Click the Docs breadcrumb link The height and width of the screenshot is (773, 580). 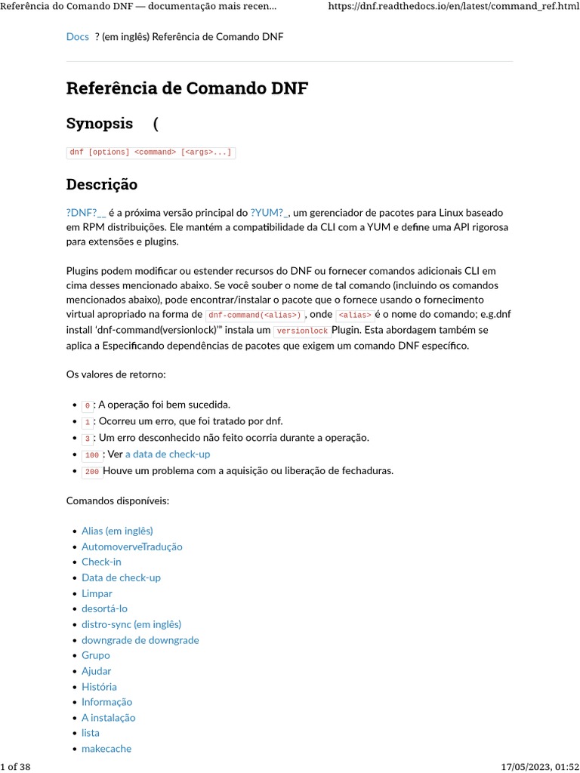[x=77, y=36]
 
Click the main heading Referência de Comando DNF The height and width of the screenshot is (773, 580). [x=187, y=88]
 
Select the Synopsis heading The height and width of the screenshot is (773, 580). [x=99, y=123]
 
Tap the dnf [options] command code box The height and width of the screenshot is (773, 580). [x=150, y=152]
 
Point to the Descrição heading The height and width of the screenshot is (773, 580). [x=101, y=184]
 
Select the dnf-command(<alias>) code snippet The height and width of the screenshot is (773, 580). [x=255, y=315]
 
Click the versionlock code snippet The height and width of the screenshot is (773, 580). [x=302, y=331]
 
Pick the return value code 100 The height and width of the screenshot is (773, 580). [x=91, y=455]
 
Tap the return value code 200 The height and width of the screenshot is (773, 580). [x=91, y=472]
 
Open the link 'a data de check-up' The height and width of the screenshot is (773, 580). [x=168, y=454]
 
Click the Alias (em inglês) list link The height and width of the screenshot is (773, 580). [x=117, y=531]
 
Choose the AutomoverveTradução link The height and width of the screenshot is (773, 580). [x=131, y=547]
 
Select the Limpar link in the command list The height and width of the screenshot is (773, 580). [x=97, y=593]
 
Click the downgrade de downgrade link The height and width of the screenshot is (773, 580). [x=140, y=640]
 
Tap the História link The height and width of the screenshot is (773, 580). [x=99, y=687]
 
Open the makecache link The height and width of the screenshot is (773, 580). [x=106, y=749]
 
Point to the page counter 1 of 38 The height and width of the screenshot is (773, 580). [x=16, y=767]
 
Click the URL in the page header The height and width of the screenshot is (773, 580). [x=452, y=7]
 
